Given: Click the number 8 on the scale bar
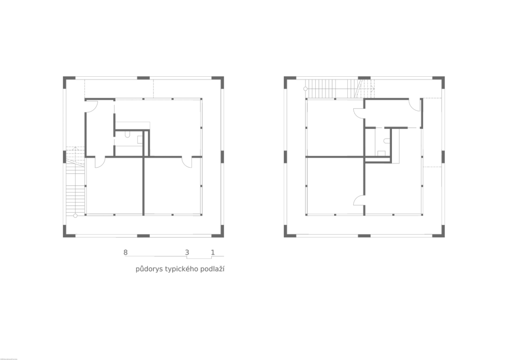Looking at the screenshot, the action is [125, 252].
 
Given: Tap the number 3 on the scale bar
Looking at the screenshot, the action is [187, 252].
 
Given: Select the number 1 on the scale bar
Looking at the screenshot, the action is [213, 252].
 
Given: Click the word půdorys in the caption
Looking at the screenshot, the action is [149, 269].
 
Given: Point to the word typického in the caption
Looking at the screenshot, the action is [182, 269].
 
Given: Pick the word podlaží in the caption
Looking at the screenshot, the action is [212, 268].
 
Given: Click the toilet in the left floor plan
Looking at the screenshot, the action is [128, 134].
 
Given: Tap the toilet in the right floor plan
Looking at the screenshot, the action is [387, 141].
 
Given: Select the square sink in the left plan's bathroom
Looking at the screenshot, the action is [140, 140].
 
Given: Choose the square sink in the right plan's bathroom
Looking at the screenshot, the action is [381, 153].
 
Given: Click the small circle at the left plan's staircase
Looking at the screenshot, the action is [75, 216].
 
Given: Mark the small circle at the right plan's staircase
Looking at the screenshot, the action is [305, 89].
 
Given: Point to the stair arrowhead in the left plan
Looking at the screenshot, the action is [75, 149].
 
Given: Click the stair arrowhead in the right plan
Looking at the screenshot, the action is [373, 89].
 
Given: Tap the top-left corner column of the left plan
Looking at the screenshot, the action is [67, 81].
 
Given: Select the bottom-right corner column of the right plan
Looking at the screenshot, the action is [441, 233].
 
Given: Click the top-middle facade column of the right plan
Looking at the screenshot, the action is [364, 78].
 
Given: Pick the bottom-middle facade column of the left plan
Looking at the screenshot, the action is [143, 236].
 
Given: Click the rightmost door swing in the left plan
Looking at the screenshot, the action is [186, 162].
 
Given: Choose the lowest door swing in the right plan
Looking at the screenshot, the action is [359, 200].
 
